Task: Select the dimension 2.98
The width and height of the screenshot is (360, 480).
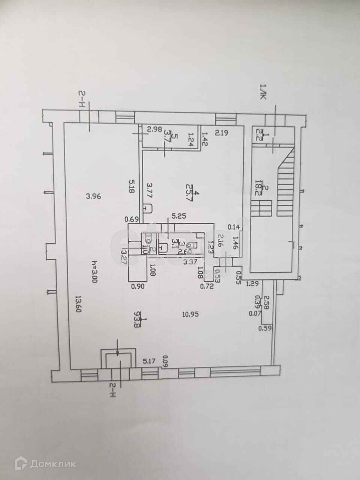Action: (154, 130)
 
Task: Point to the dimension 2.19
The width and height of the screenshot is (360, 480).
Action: (221, 132)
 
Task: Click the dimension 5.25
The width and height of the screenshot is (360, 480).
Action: (179, 216)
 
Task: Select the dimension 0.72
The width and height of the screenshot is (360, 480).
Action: (207, 286)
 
